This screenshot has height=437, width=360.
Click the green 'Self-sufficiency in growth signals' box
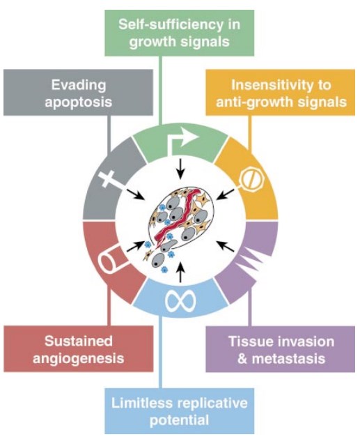tap(180, 33)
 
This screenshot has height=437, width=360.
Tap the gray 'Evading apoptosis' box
tap(78, 93)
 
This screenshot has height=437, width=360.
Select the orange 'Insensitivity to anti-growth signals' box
tap(281, 93)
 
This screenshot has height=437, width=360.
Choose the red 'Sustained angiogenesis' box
tap(78, 349)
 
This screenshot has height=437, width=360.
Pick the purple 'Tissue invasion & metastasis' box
tap(281, 349)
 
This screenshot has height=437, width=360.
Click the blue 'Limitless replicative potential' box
tap(180, 411)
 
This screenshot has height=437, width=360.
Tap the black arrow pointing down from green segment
tap(180, 169)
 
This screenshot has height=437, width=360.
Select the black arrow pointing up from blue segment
tap(180, 273)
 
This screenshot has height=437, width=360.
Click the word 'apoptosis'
tap(79, 102)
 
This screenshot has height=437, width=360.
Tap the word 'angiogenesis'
tap(79, 358)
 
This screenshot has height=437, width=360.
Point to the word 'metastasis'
tap(288, 358)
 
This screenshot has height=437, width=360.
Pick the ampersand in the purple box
tap(242, 358)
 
